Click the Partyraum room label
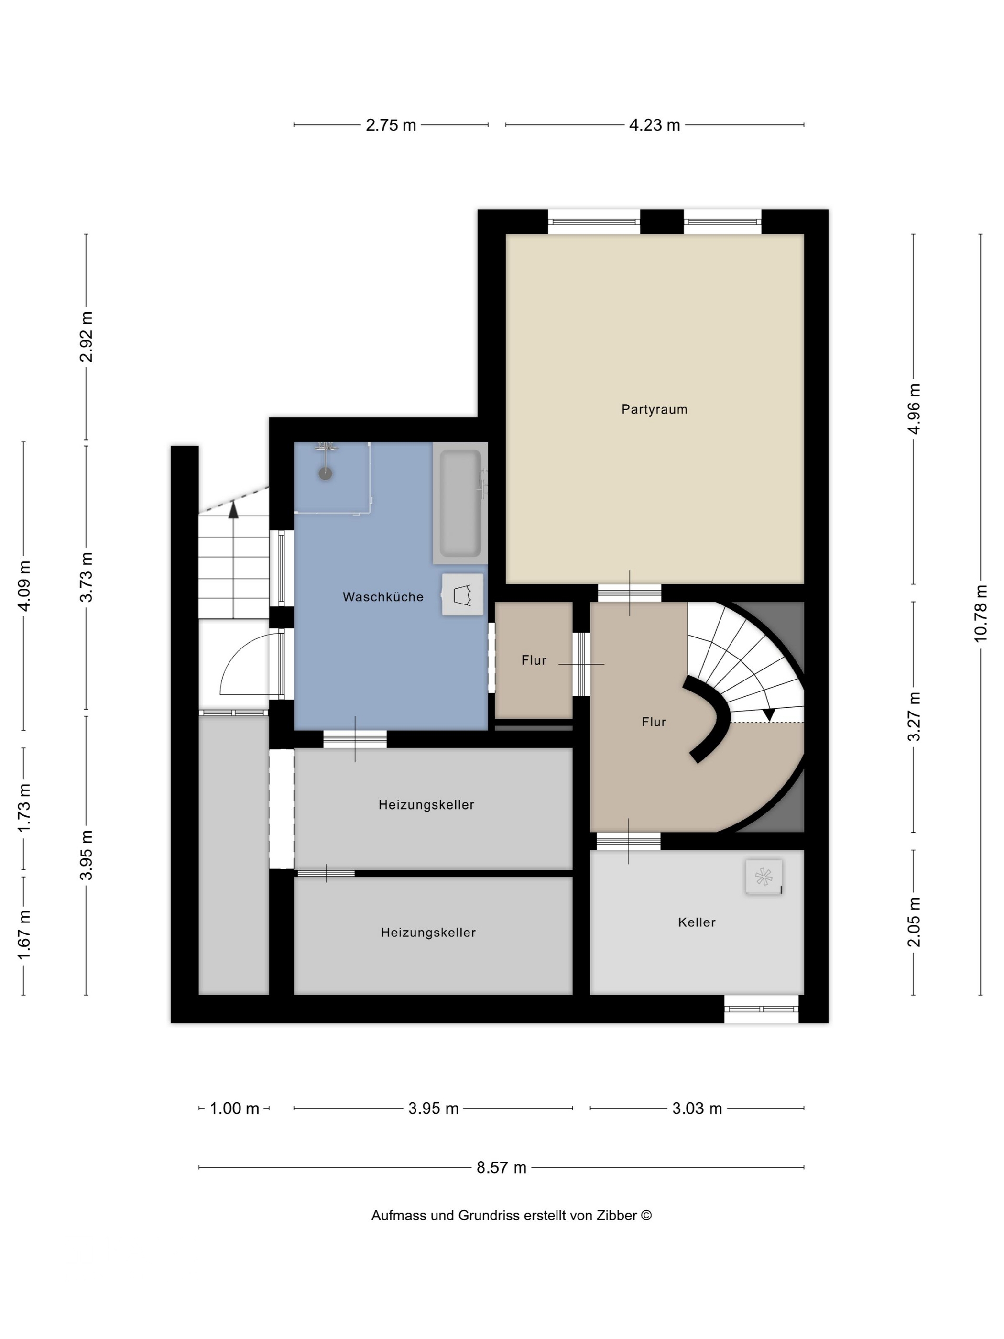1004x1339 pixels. coord(654,409)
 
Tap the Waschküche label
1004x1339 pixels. coord(382,597)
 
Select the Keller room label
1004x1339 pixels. coord(696,922)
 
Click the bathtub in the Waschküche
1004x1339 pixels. coord(460,503)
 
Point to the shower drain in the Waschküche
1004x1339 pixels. coord(326,473)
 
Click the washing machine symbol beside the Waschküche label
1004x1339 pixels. coord(462,595)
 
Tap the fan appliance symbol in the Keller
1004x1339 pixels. coord(763,877)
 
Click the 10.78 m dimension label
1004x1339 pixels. coord(981,613)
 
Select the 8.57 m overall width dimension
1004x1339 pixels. coord(501,1168)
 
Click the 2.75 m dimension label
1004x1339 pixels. coord(391,125)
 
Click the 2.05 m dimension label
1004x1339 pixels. coord(914,922)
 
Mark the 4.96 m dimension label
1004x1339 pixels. coord(914,408)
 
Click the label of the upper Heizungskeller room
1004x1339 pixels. coord(426,804)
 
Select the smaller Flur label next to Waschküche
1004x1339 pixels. coord(533,660)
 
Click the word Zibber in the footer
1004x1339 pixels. coord(616,1216)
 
